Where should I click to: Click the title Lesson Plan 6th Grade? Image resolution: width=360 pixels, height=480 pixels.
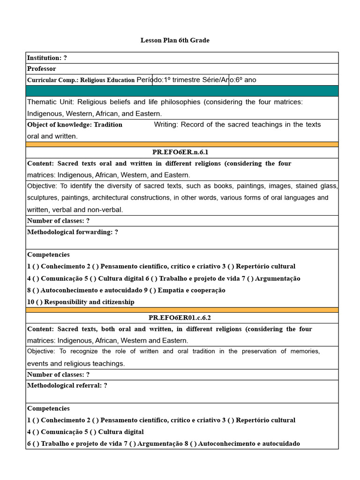click(175, 40)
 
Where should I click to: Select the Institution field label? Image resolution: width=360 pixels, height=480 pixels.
click(44, 58)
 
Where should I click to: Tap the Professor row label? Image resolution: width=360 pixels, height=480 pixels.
click(41, 69)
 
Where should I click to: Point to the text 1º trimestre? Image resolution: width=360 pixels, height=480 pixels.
click(182, 80)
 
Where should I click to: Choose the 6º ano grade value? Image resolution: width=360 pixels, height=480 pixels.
click(246, 80)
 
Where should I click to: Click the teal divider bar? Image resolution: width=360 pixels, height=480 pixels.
click(182, 91)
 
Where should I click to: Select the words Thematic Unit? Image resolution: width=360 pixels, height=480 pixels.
click(50, 102)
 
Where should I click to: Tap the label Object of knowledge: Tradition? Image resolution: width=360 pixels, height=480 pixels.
click(75, 125)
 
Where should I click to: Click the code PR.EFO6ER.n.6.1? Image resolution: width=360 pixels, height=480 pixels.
click(180, 152)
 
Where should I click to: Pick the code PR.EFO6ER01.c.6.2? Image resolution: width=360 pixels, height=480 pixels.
click(180, 318)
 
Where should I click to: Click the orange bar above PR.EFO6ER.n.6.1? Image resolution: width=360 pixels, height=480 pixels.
click(182, 144)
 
